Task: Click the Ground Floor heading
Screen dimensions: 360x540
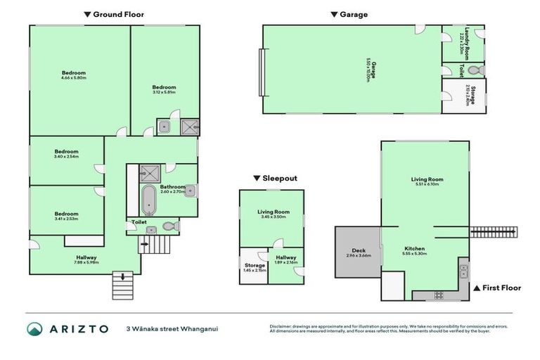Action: (114, 13)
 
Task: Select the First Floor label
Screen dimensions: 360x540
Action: (501, 288)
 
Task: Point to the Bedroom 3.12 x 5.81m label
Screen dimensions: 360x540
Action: (165, 89)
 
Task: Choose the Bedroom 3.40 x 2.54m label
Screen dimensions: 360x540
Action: (67, 154)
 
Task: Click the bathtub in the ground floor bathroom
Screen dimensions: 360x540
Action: (148, 200)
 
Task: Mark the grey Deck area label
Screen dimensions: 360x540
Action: (358, 252)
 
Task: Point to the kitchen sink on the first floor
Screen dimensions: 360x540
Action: (463, 268)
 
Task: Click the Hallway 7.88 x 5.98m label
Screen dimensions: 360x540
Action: (86, 260)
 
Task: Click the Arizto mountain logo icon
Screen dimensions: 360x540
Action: (35, 329)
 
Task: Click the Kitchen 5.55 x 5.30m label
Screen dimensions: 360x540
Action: (415, 250)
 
